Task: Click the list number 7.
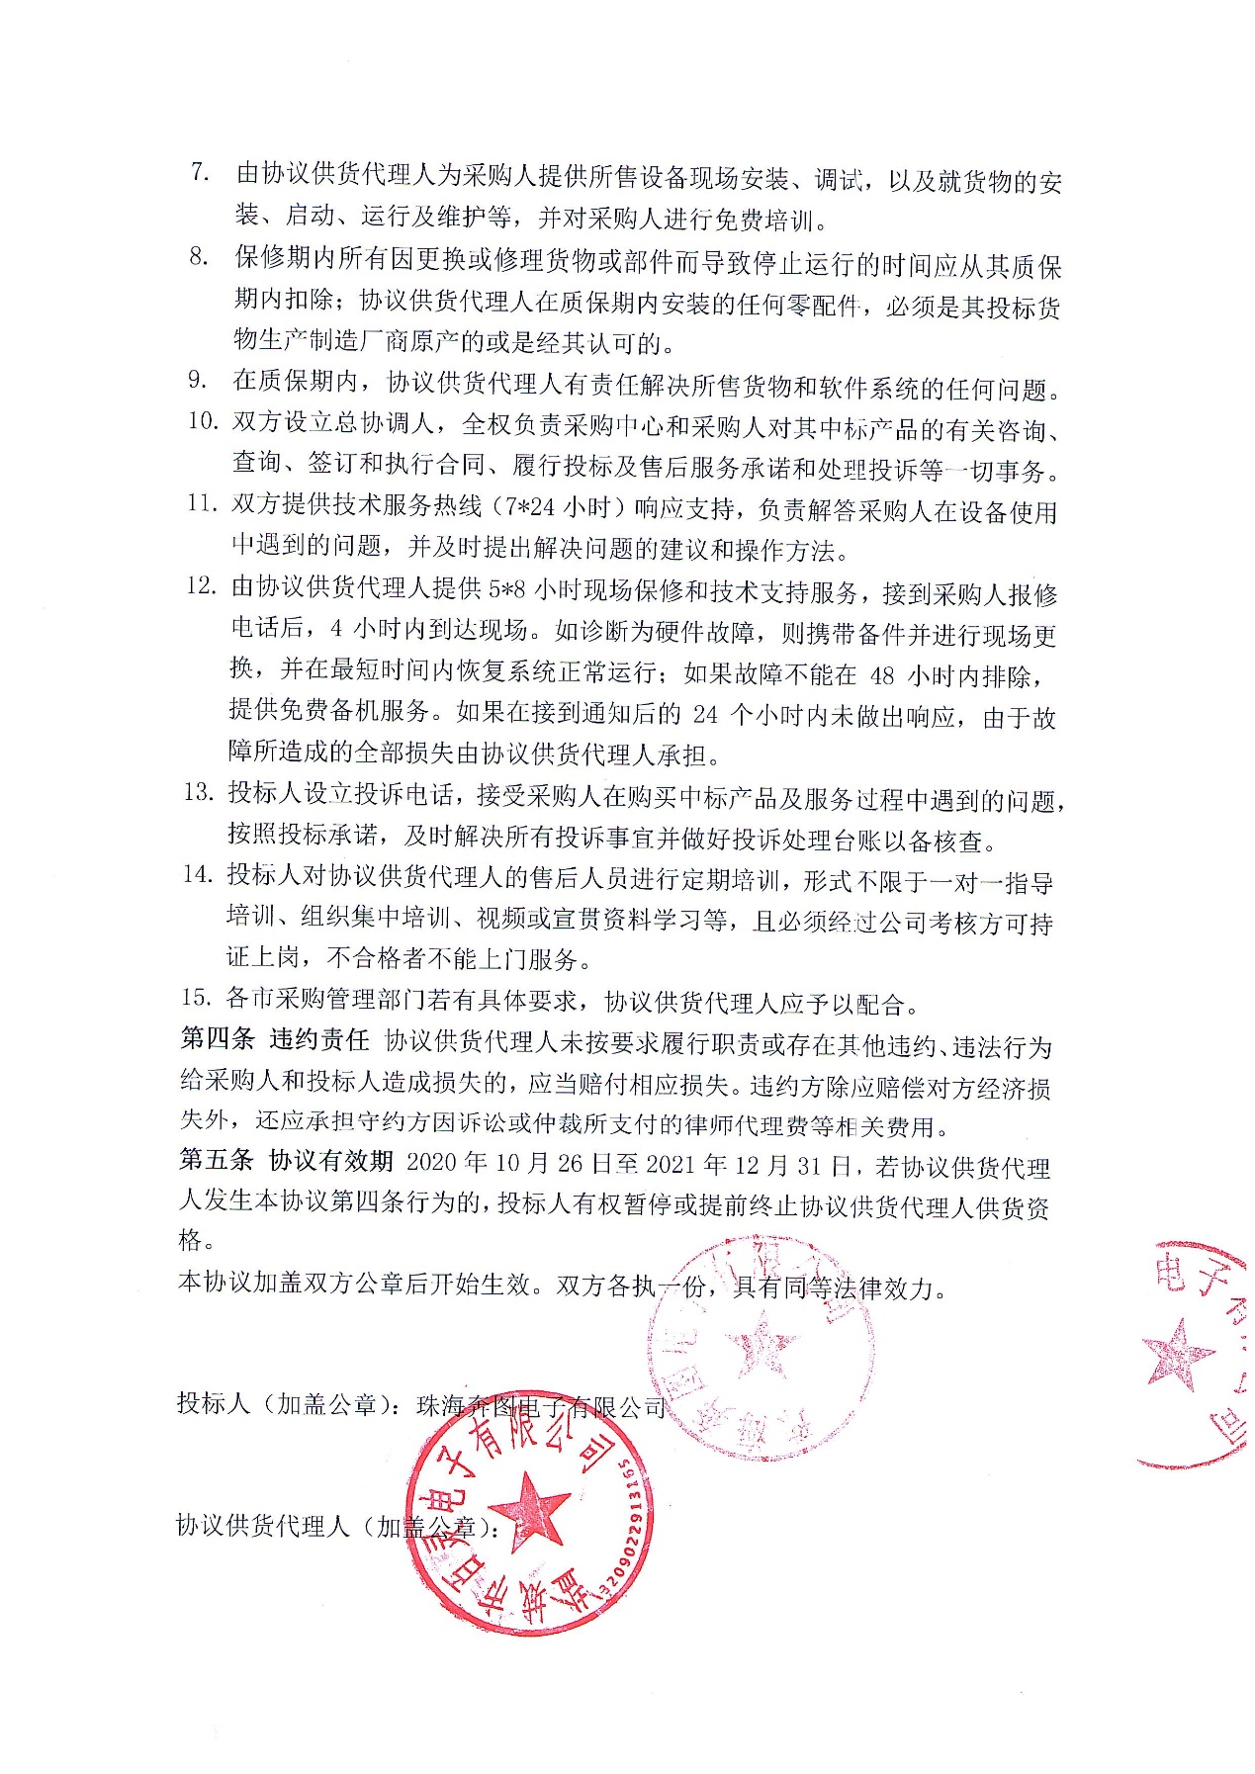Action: (x=201, y=173)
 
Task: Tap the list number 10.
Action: (x=203, y=421)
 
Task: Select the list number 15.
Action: (x=197, y=998)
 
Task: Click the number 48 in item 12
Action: (x=881, y=675)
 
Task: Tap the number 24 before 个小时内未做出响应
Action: (x=705, y=716)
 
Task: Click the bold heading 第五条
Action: (x=217, y=1162)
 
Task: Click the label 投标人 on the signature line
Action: (x=214, y=1403)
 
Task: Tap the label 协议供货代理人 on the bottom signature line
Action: (x=263, y=1526)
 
